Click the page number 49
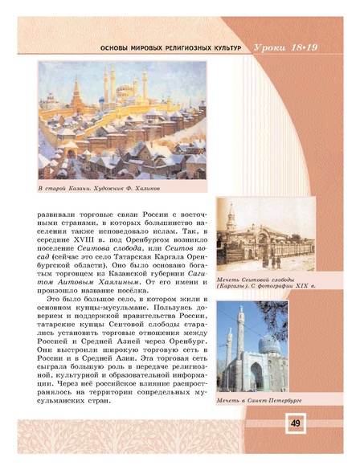(295, 423)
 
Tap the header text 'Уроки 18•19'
(292, 49)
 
